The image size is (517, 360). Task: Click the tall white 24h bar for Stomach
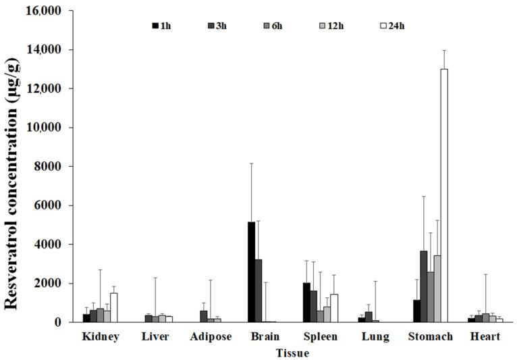tap(444, 196)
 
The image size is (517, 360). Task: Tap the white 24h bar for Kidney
tap(113, 307)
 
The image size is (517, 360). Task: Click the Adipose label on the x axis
tap(211, 336)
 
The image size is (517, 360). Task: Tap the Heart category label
tap(484, 336)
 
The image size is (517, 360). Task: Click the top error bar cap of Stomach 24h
tap(444, 50)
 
